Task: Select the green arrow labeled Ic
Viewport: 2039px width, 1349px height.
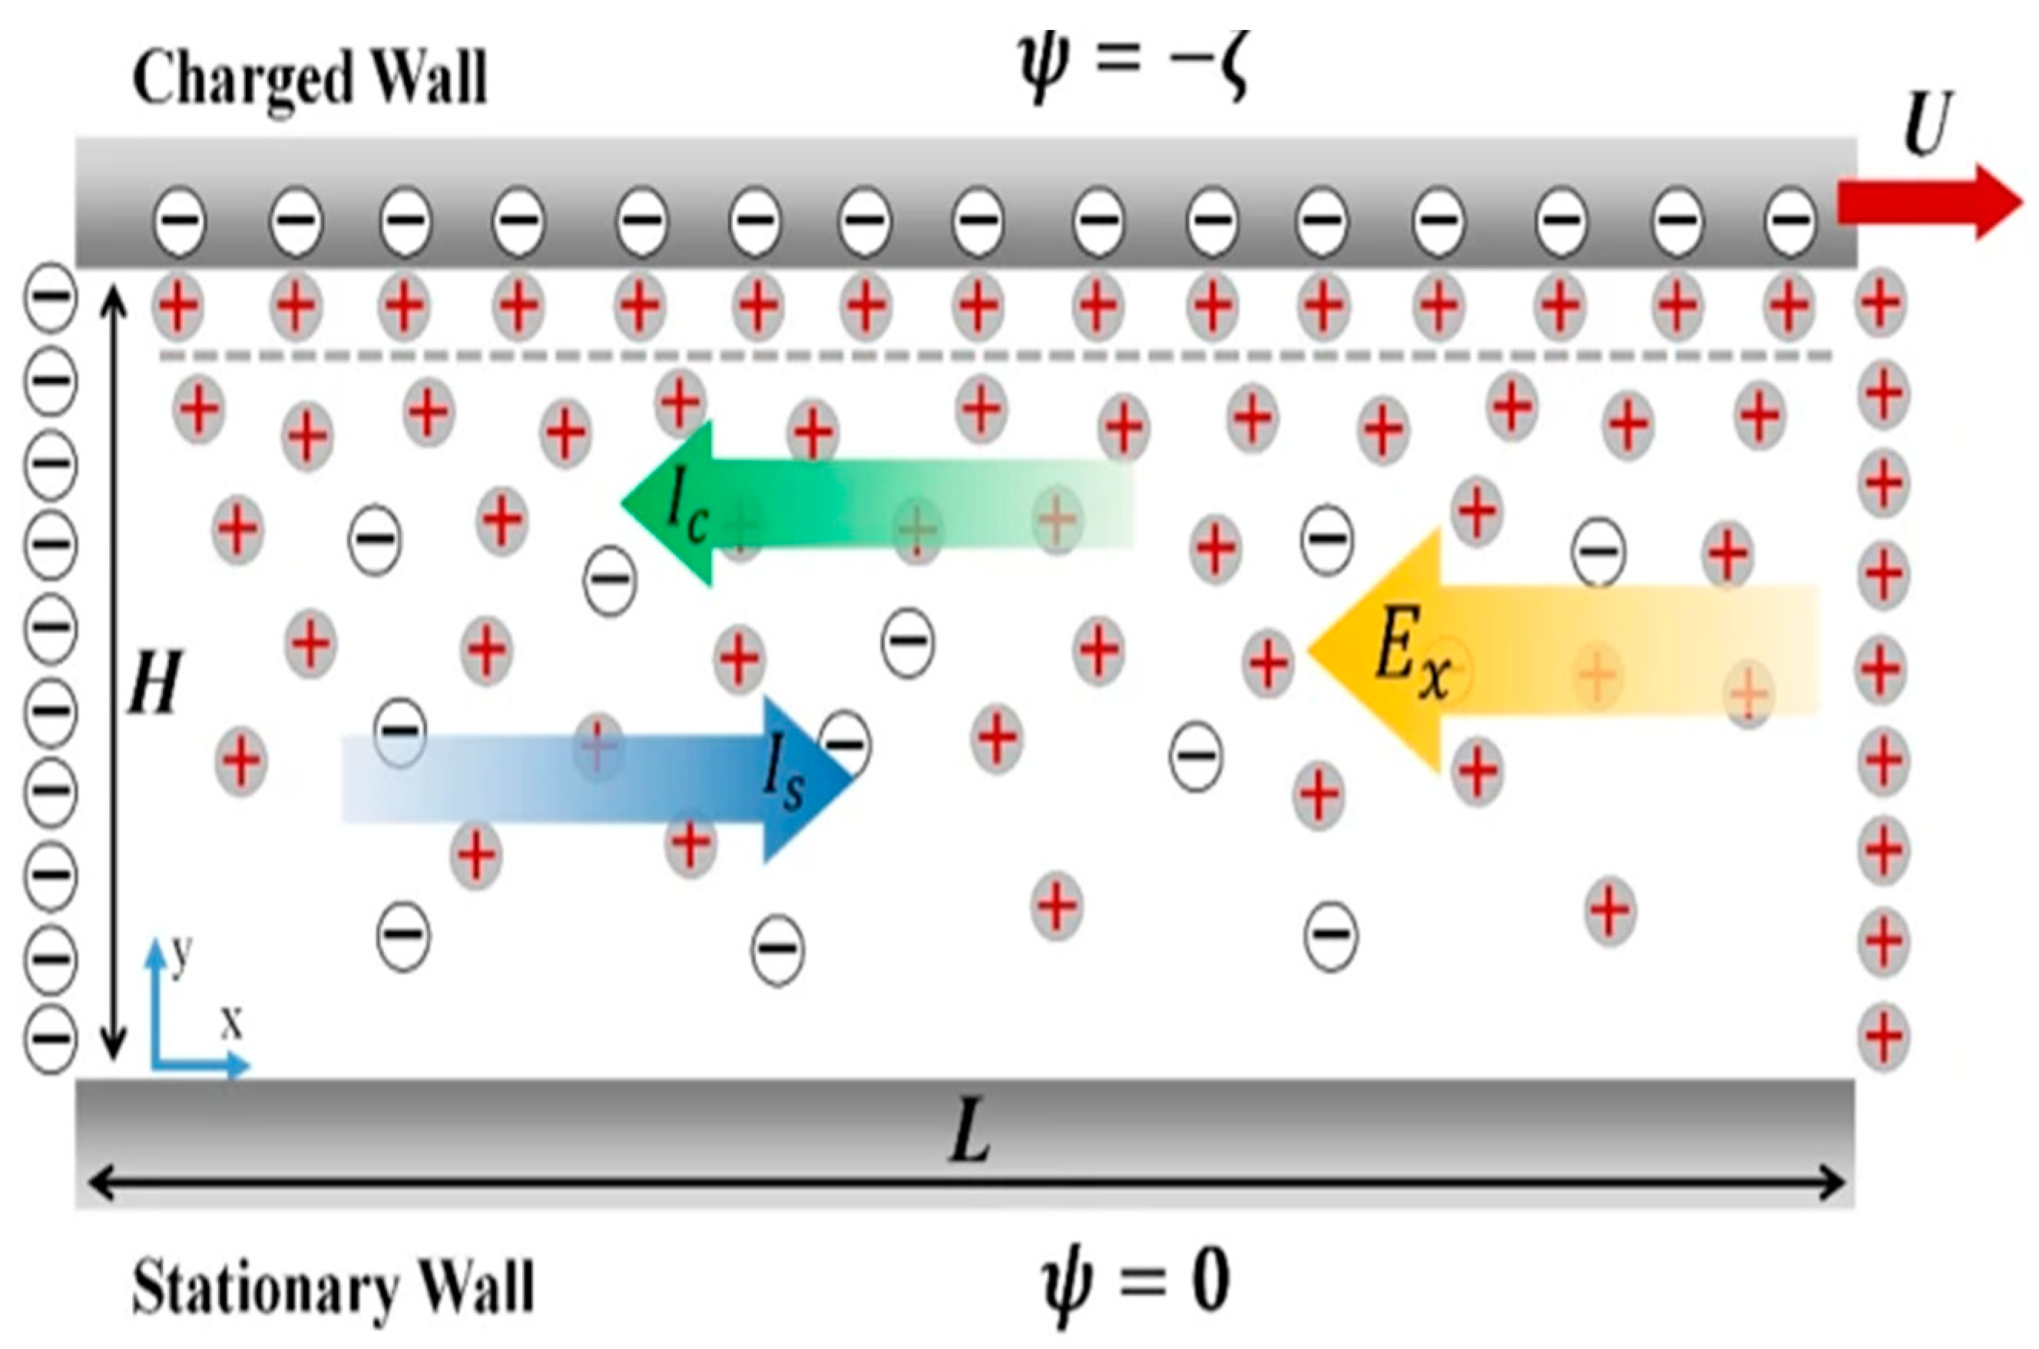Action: (x=860, y=504)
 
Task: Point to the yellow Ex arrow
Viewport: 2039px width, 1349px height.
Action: (x=1548, y=650)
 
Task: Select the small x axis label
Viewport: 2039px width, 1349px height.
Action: (x=230, y=1023)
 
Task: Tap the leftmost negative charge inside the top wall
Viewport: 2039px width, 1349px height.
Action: (x=180, y=220)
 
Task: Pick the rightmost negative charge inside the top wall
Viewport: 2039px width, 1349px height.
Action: (x=1789, y=220)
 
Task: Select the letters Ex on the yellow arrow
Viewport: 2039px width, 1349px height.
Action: (x=1411, y=666)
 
